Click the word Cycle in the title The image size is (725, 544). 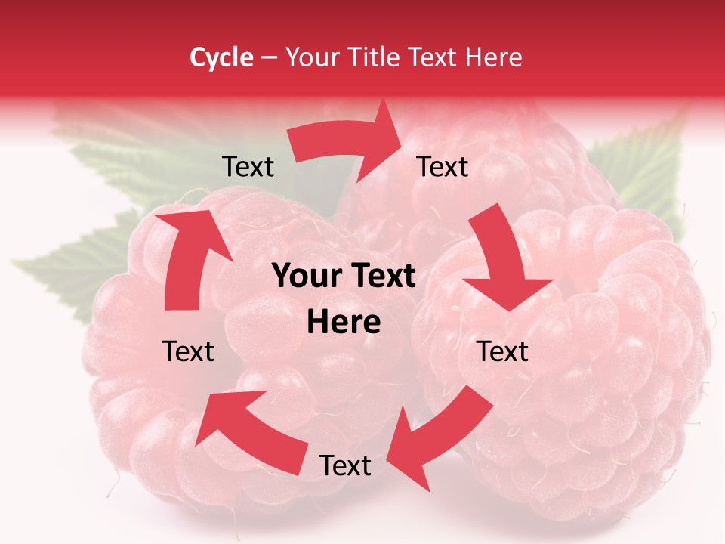coord(221,57)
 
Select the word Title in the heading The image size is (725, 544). coord(377,57)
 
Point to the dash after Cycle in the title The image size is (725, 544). coord(269,58)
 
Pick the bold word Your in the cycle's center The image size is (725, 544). coord(302,277)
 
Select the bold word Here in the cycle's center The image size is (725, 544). coord(344,323)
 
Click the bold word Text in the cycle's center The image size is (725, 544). coord(384,277)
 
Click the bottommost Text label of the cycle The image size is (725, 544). coord(345,465)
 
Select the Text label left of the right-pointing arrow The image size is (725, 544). coord(248,166)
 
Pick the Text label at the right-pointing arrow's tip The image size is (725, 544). coord(443,166)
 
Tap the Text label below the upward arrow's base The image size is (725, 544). coord(189,351)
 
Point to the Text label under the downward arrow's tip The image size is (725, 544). coord(503,351)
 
